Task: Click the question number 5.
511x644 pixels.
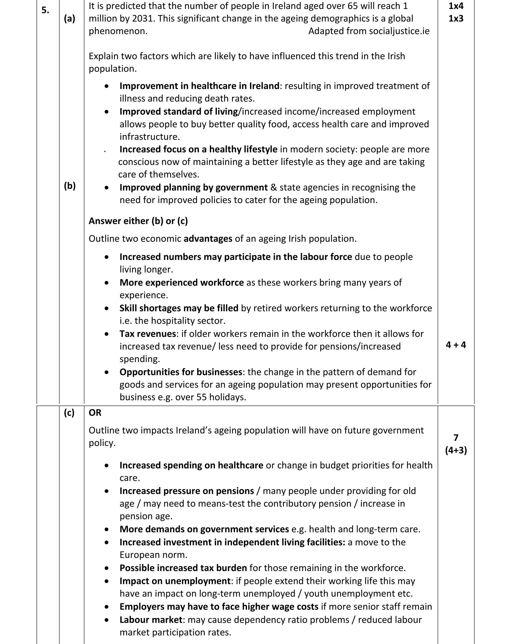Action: (45, 10)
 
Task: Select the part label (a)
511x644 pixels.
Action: (69, 19)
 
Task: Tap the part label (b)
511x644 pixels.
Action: (69, 186)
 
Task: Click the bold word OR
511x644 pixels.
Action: (95, 413)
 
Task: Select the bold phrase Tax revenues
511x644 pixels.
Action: (147, 334)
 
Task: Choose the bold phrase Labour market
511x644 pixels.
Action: (151, 620)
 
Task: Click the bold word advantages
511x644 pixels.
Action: (208, 239)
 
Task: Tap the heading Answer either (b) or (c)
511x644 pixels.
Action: (138, 221)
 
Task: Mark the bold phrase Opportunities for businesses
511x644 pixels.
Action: (181, 372)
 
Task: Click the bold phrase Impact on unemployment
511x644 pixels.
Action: (175, 581)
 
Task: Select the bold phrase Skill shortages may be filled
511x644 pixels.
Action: (179, 308)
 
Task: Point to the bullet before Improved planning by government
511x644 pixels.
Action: (107, 188)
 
